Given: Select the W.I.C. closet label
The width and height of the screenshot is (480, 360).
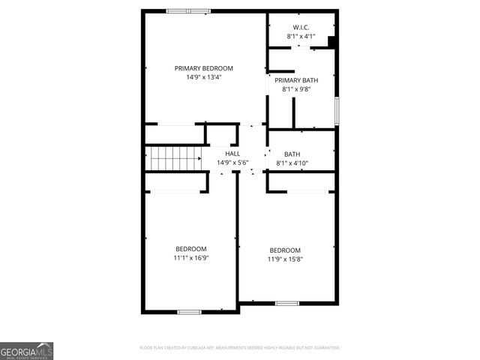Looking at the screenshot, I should (x=301, y=27).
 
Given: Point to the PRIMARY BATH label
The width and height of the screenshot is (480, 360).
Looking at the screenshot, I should (x=296, y=80).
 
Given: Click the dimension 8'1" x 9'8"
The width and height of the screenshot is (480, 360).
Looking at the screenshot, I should (x=296, y=89).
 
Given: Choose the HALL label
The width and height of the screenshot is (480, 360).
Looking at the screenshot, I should (x=232, y=153).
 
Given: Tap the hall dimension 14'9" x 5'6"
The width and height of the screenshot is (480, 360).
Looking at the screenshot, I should (x=232, y=162).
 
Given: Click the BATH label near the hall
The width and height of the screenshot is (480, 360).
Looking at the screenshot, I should (x=292, y=154).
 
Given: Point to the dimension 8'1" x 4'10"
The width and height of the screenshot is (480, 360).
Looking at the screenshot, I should (x=292, y=163).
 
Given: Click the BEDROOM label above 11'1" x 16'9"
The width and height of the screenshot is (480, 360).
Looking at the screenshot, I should (x=191, y=249).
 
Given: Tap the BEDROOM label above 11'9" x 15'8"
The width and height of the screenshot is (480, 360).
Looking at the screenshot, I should (x=285, y=250).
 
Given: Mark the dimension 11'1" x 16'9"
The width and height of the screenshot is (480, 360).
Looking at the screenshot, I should (x=191, y=258).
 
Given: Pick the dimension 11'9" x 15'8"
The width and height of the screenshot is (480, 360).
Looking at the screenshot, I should (x=286, y=259).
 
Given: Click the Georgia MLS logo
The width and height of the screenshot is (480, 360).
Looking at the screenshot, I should (x=26, y=351).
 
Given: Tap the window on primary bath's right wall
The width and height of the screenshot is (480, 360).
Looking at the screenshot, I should (x=337, y=111).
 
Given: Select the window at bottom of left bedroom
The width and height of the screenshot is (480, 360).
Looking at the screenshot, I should (x=188, y=311).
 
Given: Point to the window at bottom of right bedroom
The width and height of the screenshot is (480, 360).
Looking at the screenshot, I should (x=286, y=303).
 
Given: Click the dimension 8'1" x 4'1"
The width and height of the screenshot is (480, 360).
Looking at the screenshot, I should (x=301, y=36).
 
